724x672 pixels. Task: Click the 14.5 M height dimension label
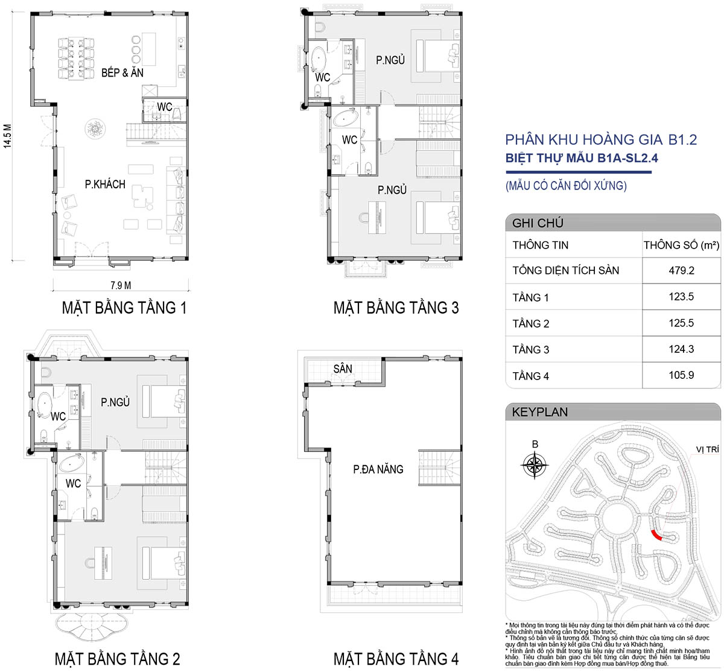[8, 136]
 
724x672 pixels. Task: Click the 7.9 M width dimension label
[121, 285]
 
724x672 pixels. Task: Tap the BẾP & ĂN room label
[122, 73]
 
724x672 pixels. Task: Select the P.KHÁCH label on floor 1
[105, 184]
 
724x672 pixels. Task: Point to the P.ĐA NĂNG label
[378, 469]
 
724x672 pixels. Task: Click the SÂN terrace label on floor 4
[343, 369]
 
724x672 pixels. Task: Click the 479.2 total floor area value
[681, 271]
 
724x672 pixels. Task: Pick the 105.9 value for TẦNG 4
[681, 375]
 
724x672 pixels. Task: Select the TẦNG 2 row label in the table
[531, 323]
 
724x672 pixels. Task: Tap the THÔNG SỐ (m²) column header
[681, 245]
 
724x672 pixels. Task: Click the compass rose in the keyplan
[535, 465]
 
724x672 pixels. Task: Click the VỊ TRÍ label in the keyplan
[707, 449]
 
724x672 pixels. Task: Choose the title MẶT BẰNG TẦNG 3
[396, 308]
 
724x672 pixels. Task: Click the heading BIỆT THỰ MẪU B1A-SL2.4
[582, 158]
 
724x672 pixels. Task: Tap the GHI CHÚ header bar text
[538, 223]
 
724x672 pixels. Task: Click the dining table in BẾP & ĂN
[76, 59]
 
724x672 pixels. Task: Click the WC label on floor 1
[165, 107]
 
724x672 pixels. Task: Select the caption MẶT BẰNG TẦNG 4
[396, 659]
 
